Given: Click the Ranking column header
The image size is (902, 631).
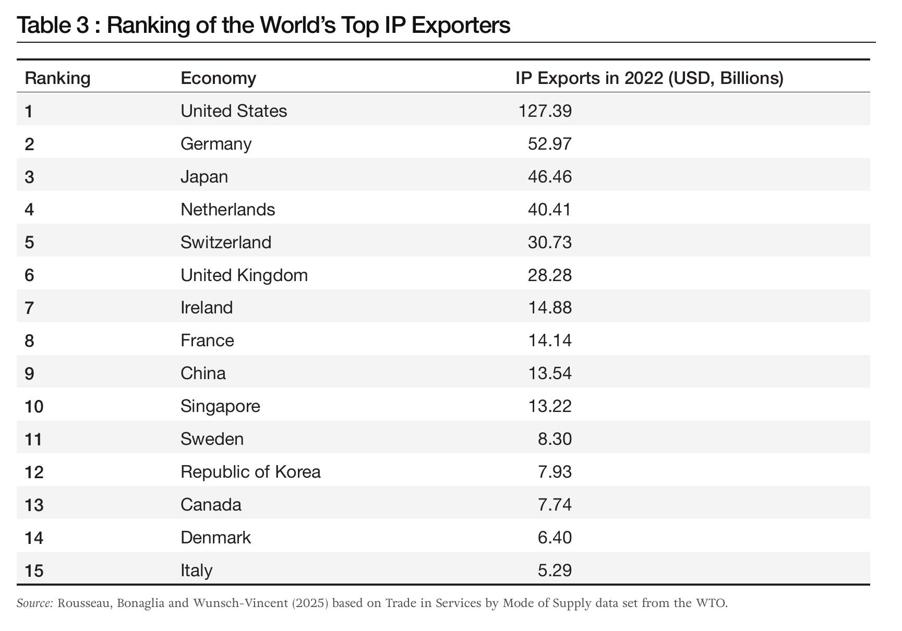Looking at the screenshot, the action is point(57,78).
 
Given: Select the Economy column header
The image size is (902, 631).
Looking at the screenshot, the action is point(218,78).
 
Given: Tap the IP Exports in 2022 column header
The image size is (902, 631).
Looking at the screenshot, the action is point(650,78).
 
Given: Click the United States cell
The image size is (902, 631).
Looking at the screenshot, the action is point(234,111).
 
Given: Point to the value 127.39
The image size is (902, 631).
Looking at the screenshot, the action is point(545,111).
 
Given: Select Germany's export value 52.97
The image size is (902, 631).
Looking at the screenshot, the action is point(550,144).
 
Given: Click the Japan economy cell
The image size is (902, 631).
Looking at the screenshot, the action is point(204,177).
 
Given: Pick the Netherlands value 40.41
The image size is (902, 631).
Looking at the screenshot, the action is point(550,210).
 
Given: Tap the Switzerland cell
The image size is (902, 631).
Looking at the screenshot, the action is point(226,242).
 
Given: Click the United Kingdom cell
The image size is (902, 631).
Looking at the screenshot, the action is point(244,275).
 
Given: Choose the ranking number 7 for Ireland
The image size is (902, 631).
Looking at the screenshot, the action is point(29,308).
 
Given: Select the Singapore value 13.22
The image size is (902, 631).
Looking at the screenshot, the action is point(550,406).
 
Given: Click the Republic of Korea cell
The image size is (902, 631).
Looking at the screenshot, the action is point(250,472).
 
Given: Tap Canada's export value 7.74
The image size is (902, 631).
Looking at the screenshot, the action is point(555,505).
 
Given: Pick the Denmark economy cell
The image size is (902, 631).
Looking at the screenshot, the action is point(215,538).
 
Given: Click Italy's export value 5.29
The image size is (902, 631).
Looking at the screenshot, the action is point(555,571).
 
